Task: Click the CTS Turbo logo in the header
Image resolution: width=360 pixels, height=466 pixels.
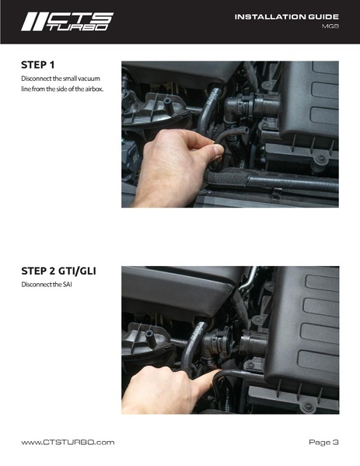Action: (x=67, y=22)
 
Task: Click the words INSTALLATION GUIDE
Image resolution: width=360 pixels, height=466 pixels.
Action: (x=286, y=17)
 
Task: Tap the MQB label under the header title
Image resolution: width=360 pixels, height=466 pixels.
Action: (x=330, y=26)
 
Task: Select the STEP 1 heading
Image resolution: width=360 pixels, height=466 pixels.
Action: (x=38, y=65)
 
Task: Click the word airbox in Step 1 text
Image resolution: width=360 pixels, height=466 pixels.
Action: (x=94, y=89)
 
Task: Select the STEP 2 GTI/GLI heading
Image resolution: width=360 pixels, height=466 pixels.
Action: (x=58, y=271)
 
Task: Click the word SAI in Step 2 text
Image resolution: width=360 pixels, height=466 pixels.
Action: (x=67, y=285)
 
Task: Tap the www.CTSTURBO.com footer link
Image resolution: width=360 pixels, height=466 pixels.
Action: (x=68, y=442)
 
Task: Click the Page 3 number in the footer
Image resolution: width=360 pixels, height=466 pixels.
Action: (x=323, y=442)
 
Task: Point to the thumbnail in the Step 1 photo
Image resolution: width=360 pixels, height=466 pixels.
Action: (x=218, y=149)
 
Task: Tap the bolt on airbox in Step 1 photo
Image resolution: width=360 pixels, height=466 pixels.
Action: (x=322, y=159)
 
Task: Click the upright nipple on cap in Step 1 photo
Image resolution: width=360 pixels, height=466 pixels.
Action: (x=169, y=107)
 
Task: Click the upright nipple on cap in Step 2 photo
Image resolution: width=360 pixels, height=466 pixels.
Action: (x=149, y=338)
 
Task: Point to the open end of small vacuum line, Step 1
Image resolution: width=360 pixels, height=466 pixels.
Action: (x=246, y=130)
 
